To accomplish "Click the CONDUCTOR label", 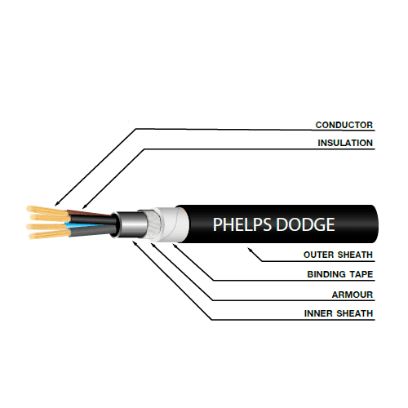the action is pyautogui.click(x=344, y=125).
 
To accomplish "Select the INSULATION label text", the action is pyautogui.click(x=345, y=143).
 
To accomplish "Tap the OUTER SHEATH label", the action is pyautogui.click(x=338, y=255).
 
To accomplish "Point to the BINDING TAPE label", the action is pyautogui.click(x=340, y=274).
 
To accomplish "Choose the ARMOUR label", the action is pyautogui.click(x=353, y=295).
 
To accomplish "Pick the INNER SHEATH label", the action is pyautogui.click(x=339, y=313).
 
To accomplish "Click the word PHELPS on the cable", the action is pyautogui.click(x=242, y=224).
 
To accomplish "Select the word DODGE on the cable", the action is pyautogui.click(x=305, y=224).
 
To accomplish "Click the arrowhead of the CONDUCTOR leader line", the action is pyautogui.click(x=56, y=204).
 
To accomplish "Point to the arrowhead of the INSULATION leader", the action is pyautogui.click(x=84, y=206).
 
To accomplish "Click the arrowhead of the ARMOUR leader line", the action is pyautogui.click(x=153, y=245).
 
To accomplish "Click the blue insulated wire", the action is pyautogui.click(x=87, y=225).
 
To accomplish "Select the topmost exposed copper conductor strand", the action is pyautogui.click(x=47, y=210).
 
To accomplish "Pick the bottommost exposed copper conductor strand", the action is pyautogui.click(x=48, y=234).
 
